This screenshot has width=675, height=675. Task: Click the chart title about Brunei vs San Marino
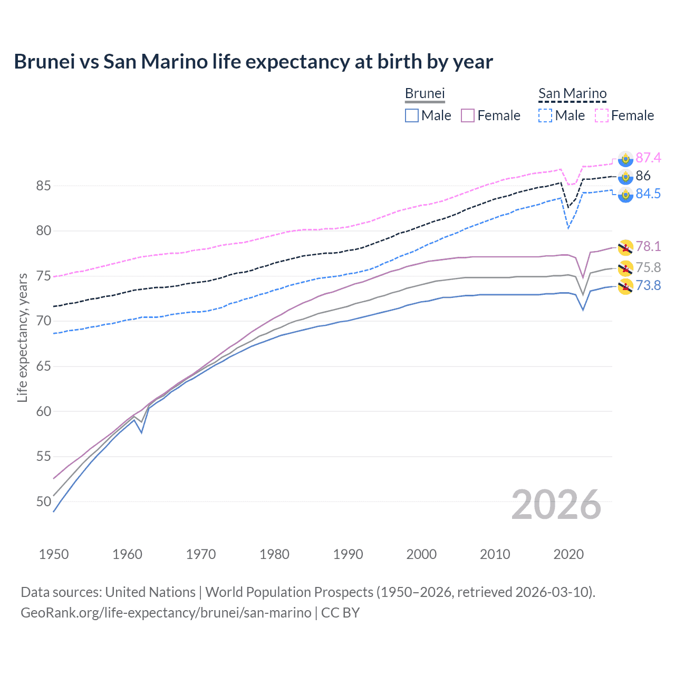(x=253, y=62)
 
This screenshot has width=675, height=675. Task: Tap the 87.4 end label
(x=648, y=158)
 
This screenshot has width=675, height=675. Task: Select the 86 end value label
(x=643, y=176)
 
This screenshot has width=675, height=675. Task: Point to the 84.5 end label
(x=648, y=194)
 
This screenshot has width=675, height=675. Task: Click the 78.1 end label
(x=648, y=246)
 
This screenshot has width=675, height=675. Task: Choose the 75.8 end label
(x=648, y=267)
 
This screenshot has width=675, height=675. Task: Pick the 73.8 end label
(x=648, y=285)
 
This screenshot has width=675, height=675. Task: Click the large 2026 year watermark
(x=556, y=505)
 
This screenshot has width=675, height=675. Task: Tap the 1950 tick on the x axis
(x=54, y=554)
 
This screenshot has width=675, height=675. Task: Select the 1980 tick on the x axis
(x=274, y=554)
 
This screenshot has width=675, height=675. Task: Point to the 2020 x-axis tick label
(x=568, y=554)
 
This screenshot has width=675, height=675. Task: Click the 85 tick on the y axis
(x=43, y=186)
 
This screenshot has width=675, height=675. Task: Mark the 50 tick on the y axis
(x=43, y=502)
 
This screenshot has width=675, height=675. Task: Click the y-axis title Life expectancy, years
(x=22, y=337)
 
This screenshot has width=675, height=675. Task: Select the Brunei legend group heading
(x=425, y=93)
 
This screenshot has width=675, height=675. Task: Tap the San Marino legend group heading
(x=572, y=93)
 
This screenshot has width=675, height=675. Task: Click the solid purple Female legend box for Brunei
(x=468, y=115)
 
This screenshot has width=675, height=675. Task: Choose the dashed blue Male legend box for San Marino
(x=545, y=115)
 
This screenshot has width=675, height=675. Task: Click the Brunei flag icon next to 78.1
(x=625, y=247)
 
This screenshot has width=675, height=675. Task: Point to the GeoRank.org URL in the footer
(x=166, y=613)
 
